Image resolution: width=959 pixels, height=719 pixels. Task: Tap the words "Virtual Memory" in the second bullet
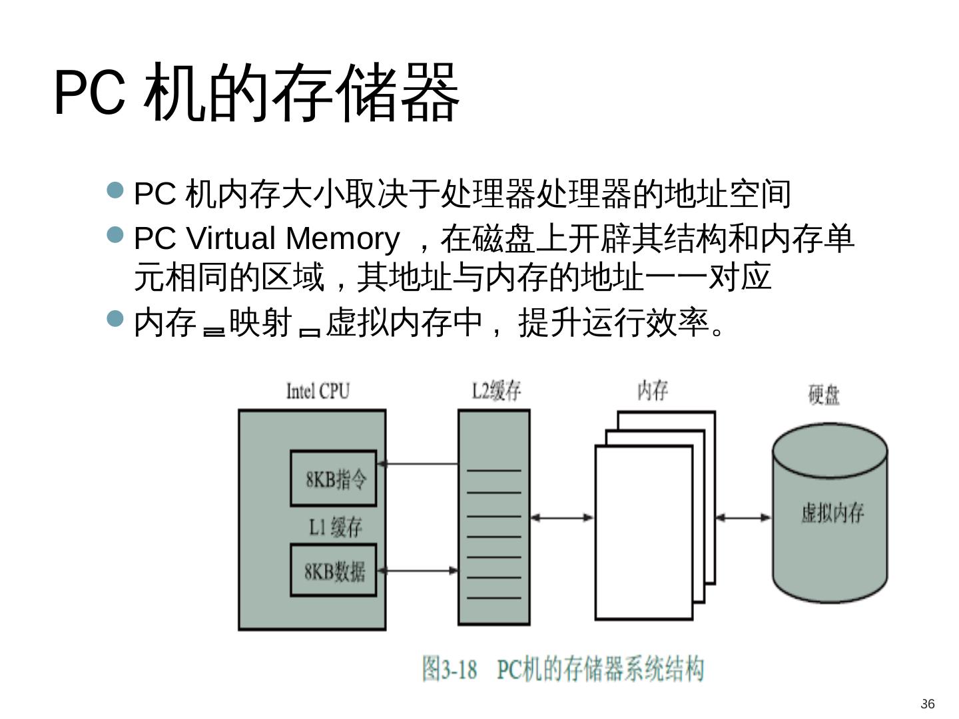tap(292, 238)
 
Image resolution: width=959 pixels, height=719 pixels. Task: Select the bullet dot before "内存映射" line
tap(116, 319)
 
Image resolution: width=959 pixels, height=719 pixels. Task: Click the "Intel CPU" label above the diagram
tap(318, 391)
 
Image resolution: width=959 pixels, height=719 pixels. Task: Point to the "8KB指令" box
tap(334, 479)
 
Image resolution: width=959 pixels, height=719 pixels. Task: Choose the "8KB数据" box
tap(334, 571)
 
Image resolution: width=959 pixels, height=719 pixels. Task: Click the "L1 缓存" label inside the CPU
tap(335, 527)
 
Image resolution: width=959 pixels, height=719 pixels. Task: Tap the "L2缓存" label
tap(496, 391)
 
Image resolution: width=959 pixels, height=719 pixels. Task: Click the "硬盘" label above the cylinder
tap(824, 395)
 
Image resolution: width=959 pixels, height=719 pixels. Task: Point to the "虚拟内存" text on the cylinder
tap(832, 513)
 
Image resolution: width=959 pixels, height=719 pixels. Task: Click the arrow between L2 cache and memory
tap(561, 517)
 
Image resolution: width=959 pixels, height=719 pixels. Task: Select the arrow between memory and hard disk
tap(743, 517)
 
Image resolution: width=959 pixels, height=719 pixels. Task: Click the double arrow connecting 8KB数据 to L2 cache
tap(417, 571)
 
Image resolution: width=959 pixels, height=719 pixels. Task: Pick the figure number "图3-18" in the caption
tap(450, 668)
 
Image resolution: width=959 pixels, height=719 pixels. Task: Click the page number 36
tap(927, 704)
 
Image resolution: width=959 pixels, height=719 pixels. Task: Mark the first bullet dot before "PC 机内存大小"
tap(116, 191)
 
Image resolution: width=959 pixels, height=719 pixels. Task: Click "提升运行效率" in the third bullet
tap(613, 323)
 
